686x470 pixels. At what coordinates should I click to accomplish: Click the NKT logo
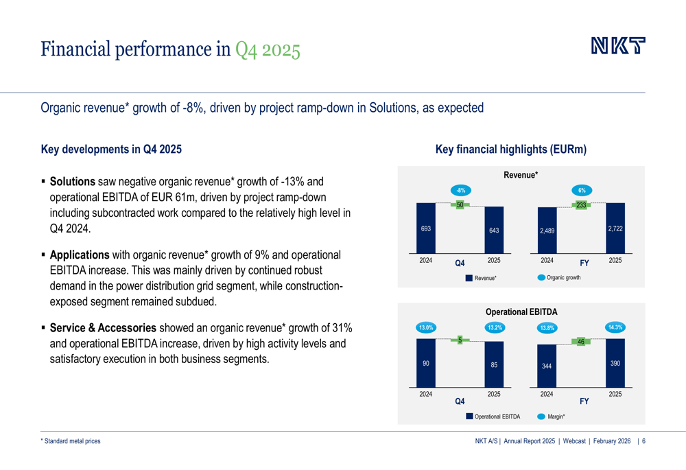[x=619, y=47]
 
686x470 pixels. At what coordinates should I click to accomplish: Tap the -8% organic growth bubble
[x=460, y=190]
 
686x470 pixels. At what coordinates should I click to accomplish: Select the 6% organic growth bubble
[x=581, y=190]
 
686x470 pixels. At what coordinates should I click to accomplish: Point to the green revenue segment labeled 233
[x=581, y=204]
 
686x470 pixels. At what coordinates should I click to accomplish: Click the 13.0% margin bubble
[x=426, y=327]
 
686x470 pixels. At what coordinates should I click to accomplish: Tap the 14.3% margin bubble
[x=615, y=327]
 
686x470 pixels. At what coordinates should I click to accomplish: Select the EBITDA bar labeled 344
[x=547, y=367]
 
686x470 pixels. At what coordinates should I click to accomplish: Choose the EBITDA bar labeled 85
[x=494, y=364]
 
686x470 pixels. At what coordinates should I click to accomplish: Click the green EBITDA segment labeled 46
[x=581, y=341]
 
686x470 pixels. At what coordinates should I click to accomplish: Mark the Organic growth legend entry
[x=559, y=278]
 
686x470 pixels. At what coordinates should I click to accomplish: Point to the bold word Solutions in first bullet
[x=73, y=182]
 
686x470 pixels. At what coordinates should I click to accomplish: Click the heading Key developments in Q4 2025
[x=112, y=149]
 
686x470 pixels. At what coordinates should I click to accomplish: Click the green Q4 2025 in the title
[x=268, y=49]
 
